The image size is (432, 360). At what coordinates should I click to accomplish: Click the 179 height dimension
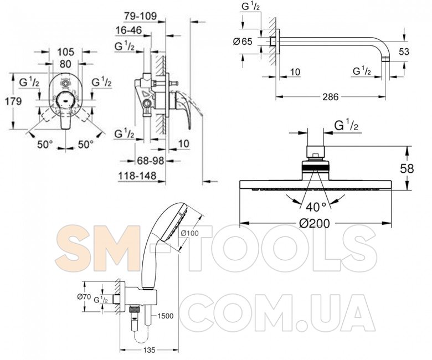[13, 101]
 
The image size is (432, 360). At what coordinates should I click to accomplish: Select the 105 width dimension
[65, 52]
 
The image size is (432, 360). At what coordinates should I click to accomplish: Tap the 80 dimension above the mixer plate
[65, 64]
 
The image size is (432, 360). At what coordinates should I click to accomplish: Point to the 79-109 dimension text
[140, 16]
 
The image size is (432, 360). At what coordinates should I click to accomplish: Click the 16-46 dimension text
[128, 30]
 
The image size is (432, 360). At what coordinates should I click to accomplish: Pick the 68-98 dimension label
[151, 160]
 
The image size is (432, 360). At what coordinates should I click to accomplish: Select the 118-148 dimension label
[137, 176]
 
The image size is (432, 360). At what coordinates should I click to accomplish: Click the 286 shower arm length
[330, 97]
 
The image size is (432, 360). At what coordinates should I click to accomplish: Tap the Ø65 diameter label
[243, 42]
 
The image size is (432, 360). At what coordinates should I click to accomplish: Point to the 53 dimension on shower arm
[404, 52]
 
